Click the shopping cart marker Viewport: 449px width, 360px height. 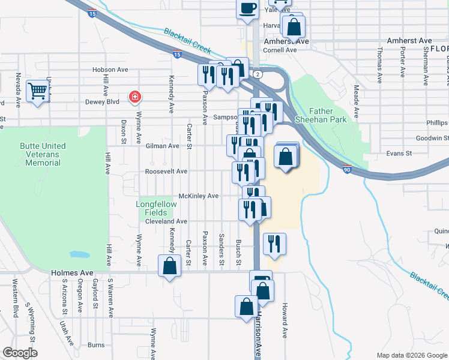[x=37, y=92]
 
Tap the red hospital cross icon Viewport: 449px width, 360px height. [x=136, y=96]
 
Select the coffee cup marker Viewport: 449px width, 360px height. [x=247, y=9]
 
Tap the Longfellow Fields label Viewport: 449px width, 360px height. [x=156, y=208]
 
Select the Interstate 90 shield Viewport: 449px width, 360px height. [x=348, y=170]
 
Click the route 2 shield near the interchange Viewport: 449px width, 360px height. [x=258, y=74]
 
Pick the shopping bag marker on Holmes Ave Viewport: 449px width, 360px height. [x=170, y=266]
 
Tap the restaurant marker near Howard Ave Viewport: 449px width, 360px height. [x=274, y=244]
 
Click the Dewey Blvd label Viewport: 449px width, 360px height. [x=104, y=102]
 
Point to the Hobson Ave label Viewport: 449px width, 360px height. [x=110, y=70]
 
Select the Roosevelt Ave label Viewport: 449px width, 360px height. [x=166, y=171]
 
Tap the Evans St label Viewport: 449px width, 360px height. [x=399, y=154]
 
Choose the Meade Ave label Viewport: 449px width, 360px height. [x=356, y=100]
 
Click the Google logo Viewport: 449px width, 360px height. [x=20, y=353]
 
